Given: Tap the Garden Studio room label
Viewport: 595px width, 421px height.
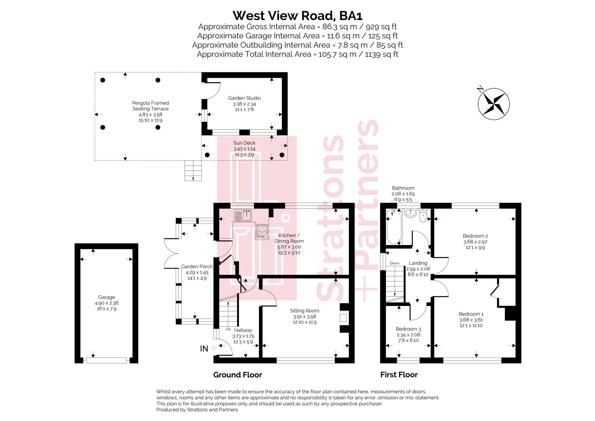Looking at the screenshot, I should [244, 98].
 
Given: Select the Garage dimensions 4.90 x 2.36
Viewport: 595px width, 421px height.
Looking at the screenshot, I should [107, 303].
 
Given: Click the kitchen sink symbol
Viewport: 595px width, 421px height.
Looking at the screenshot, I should [243, 215].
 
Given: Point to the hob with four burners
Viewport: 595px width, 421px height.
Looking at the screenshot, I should [262, 230].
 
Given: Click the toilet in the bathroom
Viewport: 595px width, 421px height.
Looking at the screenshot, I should [423, 216].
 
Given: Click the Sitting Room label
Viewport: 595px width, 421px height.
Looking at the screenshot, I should [304, 311].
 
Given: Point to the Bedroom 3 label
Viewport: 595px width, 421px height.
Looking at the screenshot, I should [408, 329].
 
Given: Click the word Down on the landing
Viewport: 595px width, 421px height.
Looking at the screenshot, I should [395, 263].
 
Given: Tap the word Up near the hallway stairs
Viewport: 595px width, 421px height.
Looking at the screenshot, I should [228, 329].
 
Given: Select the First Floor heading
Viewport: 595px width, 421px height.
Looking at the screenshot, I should [399, 375].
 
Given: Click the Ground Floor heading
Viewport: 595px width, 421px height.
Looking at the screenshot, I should [237, 375].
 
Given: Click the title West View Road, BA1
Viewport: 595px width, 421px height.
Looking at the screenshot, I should [297, 15].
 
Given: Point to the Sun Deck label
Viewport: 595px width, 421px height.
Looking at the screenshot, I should [244, 143].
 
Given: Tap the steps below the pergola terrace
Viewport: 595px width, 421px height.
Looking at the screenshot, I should [193, 170].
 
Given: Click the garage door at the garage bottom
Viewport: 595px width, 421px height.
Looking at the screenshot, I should [106, 360].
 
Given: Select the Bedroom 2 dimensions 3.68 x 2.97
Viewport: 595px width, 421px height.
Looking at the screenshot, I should [475, 242].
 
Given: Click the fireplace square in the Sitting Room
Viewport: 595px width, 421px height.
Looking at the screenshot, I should [343, 318].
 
